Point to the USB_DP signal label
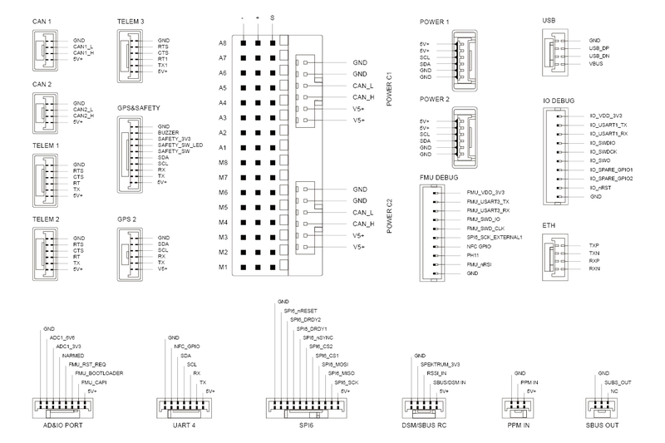pos(598,47)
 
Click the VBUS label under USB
pos(596,62)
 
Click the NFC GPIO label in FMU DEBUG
pos(480,247)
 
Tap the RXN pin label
pos(594,268)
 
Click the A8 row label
pos(223,42)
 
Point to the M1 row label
pos(223,267)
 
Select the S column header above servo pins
pos(272,17)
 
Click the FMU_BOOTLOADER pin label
pos(99,373)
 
